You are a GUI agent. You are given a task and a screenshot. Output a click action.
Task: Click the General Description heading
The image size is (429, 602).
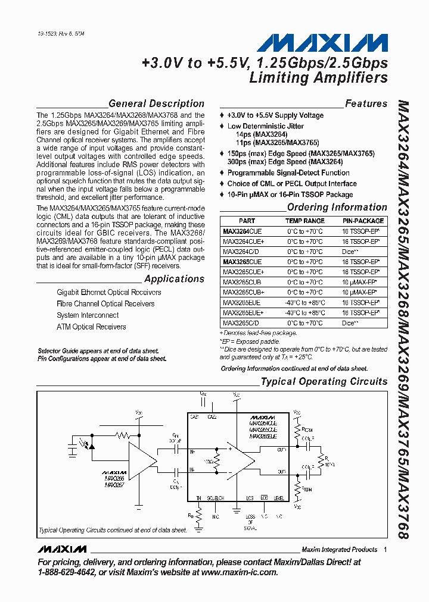click(156, 104)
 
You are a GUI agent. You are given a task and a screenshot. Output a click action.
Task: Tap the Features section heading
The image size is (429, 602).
click(366, 104)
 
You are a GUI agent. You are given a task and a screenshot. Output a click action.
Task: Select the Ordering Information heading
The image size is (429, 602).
click(337, 207)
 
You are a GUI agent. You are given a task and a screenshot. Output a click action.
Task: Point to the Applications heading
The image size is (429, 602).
click(174, 279)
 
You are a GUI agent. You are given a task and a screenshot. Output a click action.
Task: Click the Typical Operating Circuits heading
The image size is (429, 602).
click(324, 381)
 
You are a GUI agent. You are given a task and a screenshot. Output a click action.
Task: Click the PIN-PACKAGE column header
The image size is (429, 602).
click(363, 221)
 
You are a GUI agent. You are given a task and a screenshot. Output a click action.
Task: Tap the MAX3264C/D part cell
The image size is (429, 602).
click(240, 252)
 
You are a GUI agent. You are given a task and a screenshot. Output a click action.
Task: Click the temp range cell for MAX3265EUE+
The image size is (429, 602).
click(304, 312)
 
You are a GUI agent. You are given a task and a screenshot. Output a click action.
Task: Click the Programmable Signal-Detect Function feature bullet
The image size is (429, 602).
click(288, 173)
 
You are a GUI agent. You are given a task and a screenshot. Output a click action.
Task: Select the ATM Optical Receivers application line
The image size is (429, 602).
click(91, 327)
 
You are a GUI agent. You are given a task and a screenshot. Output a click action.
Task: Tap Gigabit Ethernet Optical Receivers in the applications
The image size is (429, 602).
click(109, 293)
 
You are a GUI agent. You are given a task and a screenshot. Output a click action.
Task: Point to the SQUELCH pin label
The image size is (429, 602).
click(215, 498)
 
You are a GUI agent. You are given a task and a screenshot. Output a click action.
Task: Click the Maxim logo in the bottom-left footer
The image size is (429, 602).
click(60, 549)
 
